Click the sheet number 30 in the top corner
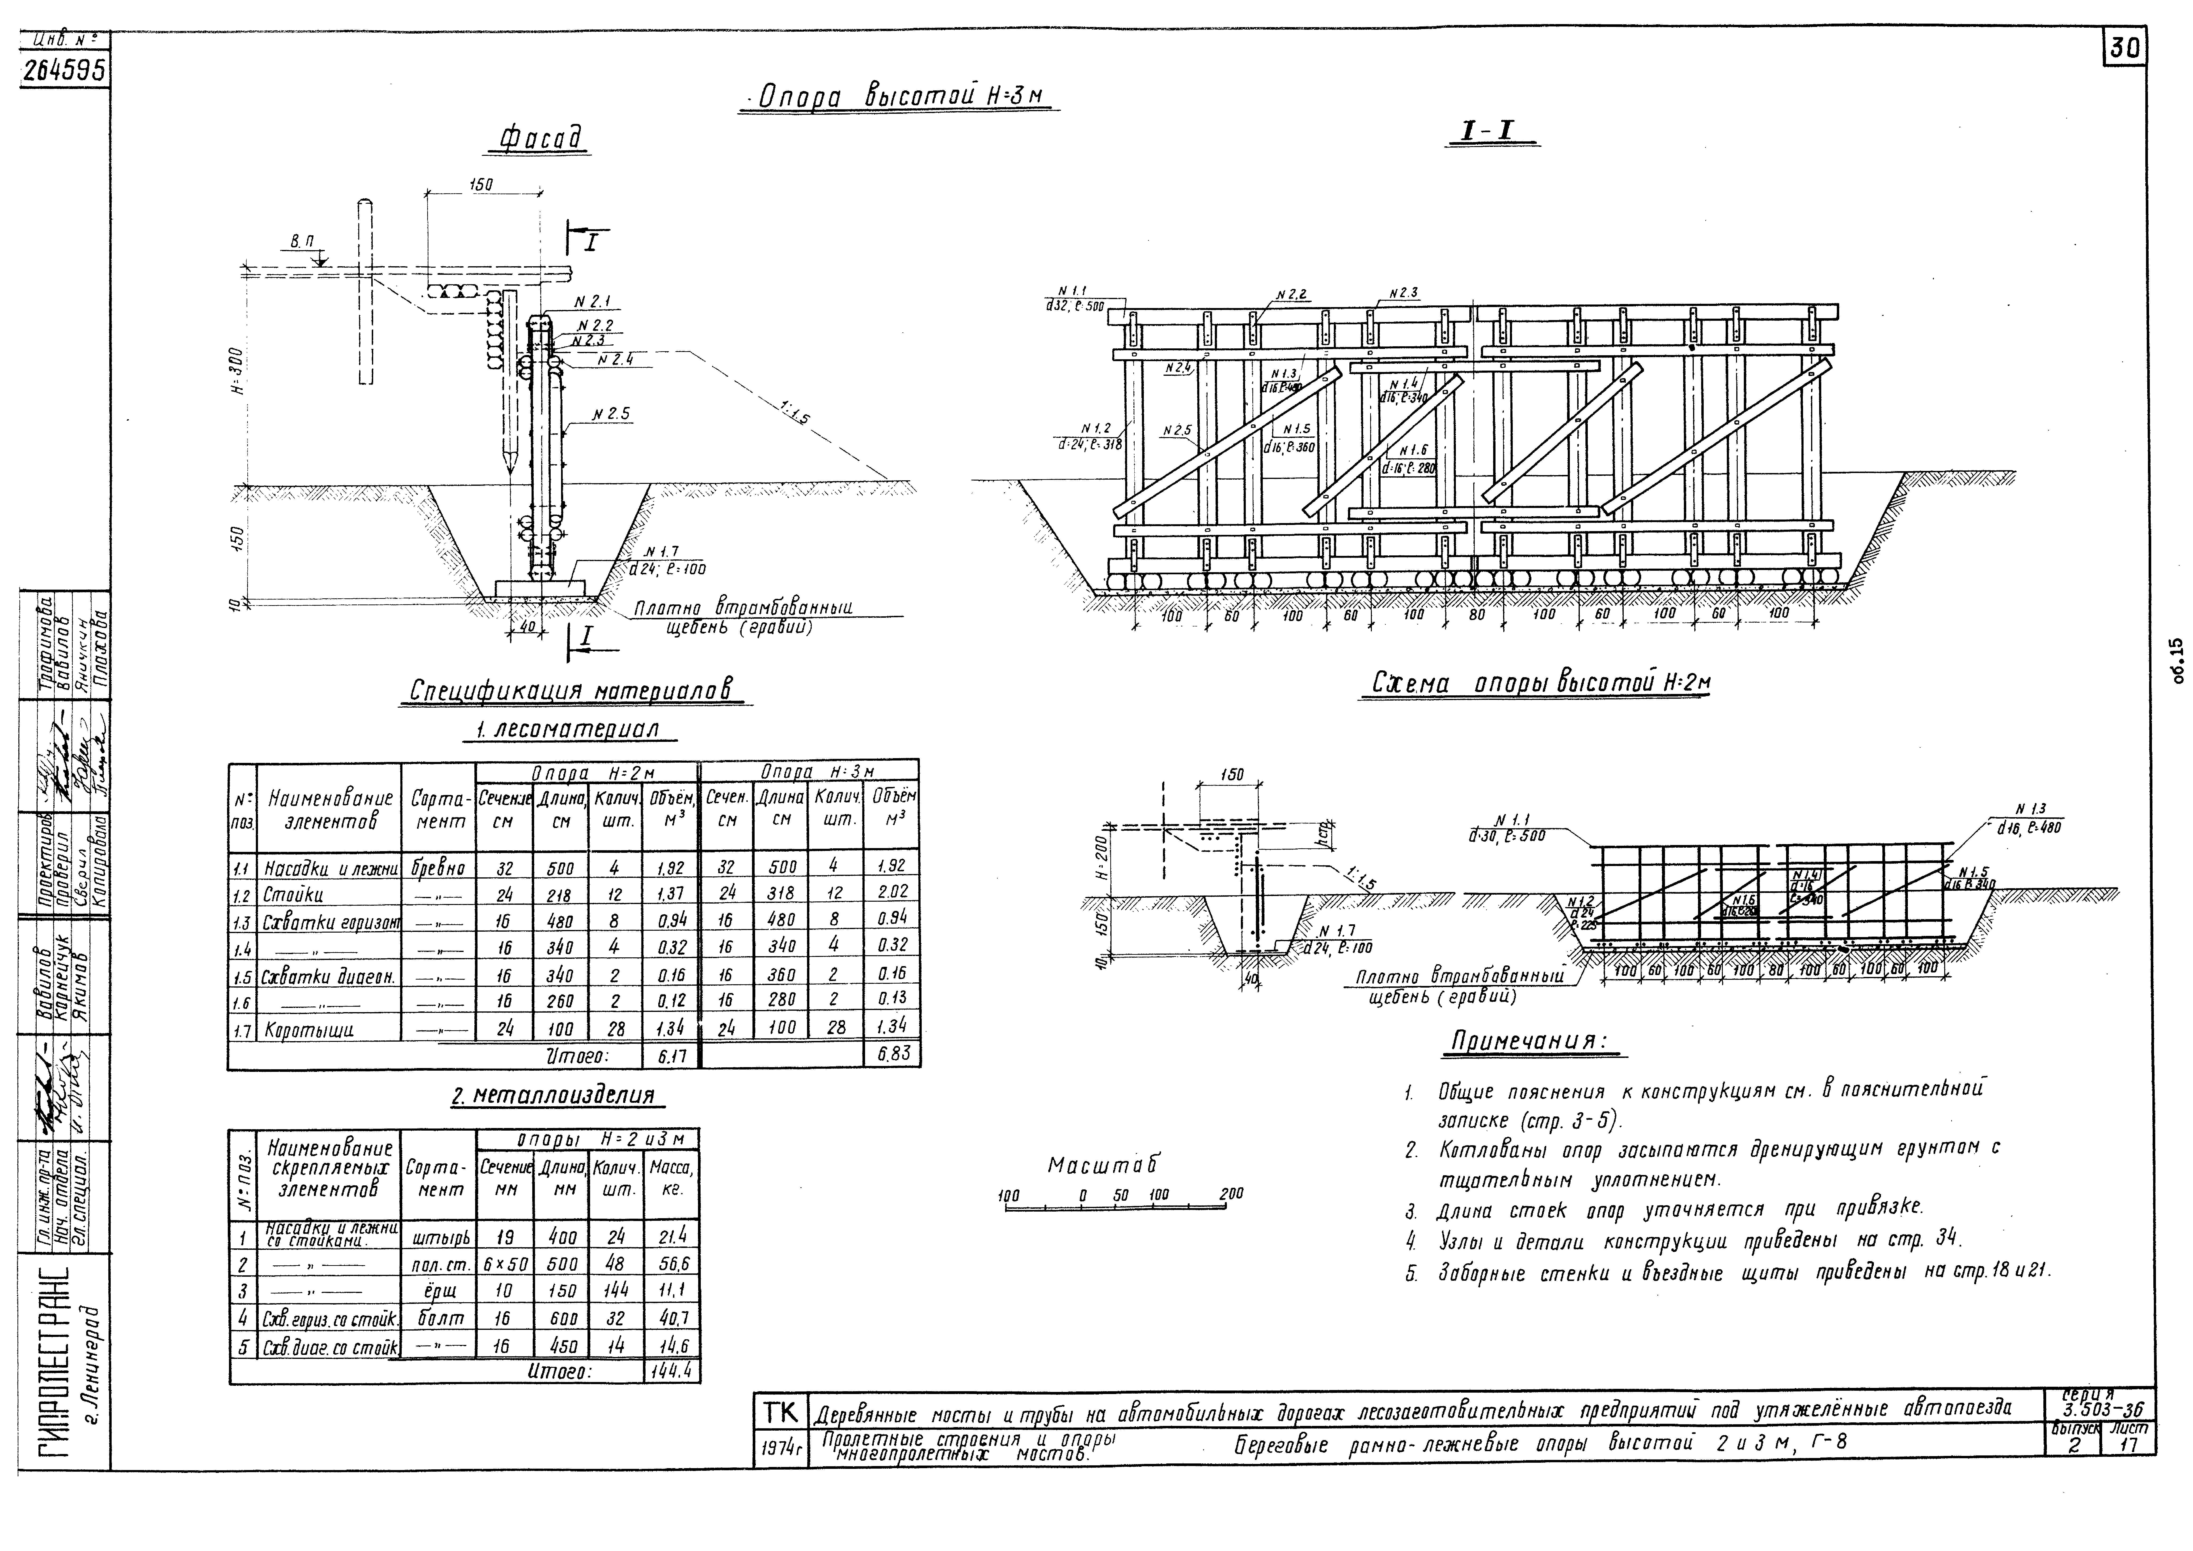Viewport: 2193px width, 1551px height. pos(2125,48)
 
